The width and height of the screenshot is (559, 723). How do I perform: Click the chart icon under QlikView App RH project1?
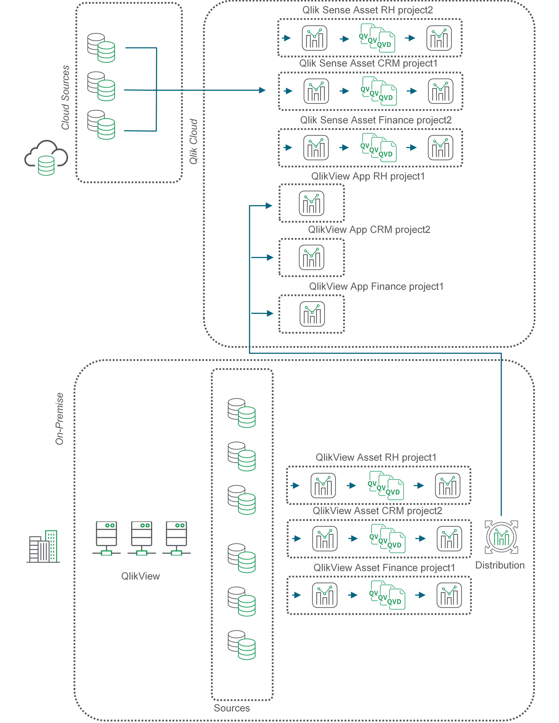(x=312, y=203)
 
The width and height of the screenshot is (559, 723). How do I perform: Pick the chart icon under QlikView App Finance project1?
(x=312, y=314)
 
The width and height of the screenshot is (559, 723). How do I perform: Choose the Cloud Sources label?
(x=66, y=97)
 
